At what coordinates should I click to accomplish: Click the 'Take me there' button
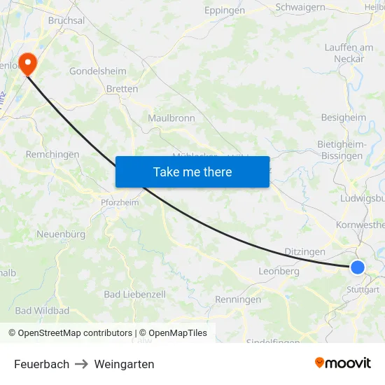(192, 171)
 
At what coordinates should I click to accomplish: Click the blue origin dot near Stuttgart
(358, 267)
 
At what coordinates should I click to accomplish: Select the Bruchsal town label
(66, 21)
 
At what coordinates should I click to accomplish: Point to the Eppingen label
(225, 10)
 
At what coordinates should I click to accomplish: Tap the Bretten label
(122, 89)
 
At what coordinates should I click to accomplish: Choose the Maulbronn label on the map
(171, 118)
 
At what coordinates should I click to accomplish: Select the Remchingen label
(52, 154)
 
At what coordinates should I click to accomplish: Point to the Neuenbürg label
(60, 234)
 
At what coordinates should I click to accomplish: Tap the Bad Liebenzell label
(135, 295)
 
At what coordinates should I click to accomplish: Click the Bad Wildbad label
(42, 310)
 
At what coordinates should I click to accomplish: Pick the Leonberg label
(279, 271)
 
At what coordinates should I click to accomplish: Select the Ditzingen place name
(305, 251)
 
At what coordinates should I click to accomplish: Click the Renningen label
(238, 300)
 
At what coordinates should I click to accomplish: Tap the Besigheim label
(343, 118)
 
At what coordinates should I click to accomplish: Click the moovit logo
(342, 363)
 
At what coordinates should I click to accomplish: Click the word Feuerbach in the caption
(42, 364)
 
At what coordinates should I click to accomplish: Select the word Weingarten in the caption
(124, 364)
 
